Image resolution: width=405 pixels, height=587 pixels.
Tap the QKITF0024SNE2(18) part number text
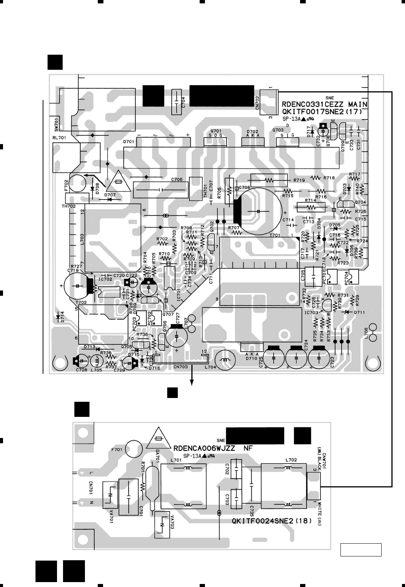point(271,522)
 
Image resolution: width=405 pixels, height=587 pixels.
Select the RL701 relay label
point(59,138)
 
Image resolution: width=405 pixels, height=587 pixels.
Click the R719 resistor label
point(299,180)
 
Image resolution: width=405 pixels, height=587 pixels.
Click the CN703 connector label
point(181,366)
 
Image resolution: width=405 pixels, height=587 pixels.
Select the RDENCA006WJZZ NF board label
point(213,449)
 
